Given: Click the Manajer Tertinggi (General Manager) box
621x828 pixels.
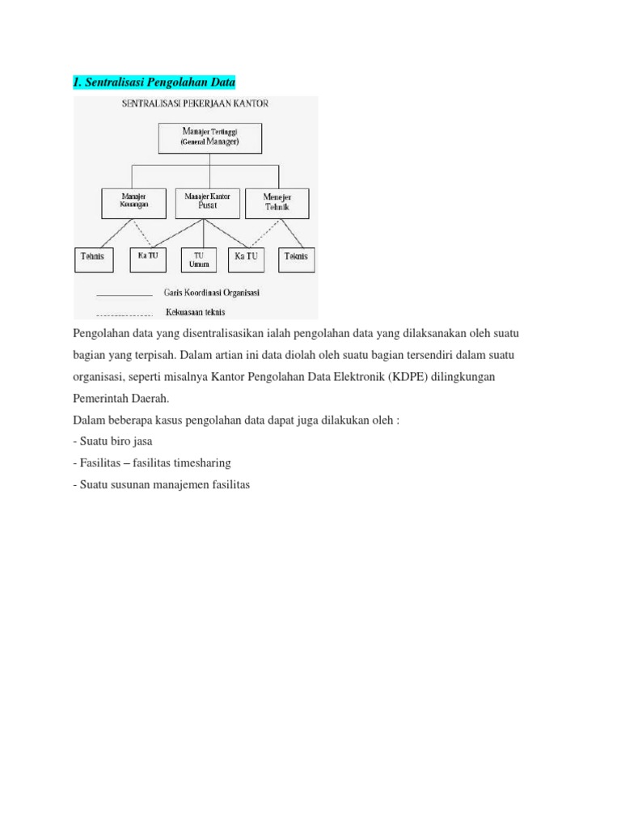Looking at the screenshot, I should click(x=210, y=138).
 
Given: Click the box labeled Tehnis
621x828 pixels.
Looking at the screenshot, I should click(x=94, y=259).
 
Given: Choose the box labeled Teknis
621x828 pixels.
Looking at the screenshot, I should click(x=297, y=259).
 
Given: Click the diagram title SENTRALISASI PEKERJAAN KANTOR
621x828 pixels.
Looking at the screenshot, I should click(x=195, y=104).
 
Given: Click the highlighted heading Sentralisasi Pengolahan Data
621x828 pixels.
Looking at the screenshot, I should click(x=154, y=82).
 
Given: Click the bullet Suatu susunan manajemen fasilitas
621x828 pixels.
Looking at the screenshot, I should click(x=162, y=485).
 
